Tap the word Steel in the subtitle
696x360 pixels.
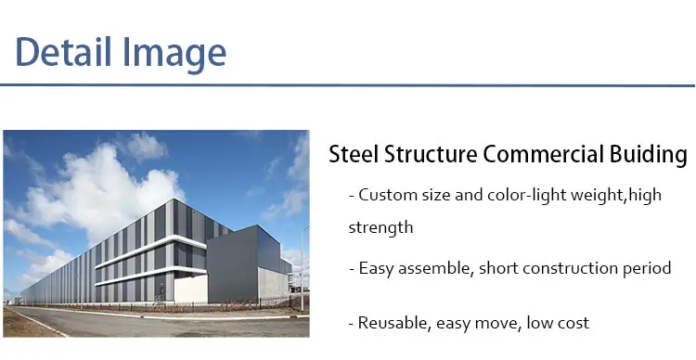(x=353, y=155)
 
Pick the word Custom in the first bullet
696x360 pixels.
(x=383, y=195)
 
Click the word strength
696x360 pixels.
(x=380, y=226)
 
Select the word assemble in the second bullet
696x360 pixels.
(x=433, y=268)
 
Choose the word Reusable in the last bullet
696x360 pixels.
(x=391, y=323)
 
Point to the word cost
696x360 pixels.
(x=573, y=323)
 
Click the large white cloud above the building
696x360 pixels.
(x=102, y=190)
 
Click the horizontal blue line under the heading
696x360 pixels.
(x=348, y=85)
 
